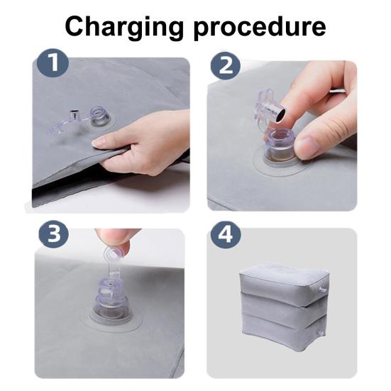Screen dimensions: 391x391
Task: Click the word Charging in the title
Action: [x=124, y=28]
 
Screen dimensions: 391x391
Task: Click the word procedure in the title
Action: [x=260, y=28]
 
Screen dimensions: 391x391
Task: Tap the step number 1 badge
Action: [x=53, y=63]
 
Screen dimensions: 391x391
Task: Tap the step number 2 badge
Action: [x=225, y=66]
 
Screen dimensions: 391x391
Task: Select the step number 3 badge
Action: [x=54, y=235]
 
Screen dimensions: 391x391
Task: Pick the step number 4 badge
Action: [x=226, y=235]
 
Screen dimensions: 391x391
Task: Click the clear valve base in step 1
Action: [x=100, y=121]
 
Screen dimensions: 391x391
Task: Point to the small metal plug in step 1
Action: [x=73, y=114]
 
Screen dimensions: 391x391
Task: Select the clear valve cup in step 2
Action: [x=279, y=147]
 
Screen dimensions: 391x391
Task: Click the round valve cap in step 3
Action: [x=114, y=253]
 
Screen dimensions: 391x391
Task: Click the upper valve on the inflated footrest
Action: [x=322, y=290]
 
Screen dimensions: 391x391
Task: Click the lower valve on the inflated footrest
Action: [x=321, y=333]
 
